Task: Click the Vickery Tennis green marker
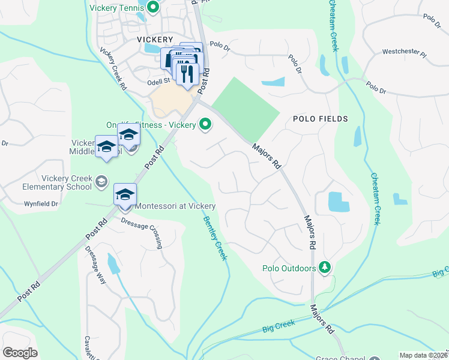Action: (152, 8)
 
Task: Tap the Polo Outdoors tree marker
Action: (325, 267)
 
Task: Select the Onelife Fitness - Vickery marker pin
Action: (205, 125)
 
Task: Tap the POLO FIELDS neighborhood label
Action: (320, 119)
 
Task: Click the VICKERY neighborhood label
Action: (155, 39)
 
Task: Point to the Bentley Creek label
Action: (214, 238)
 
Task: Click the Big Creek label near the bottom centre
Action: (279, 328)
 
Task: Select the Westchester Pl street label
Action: (404, 52)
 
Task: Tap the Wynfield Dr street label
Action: (41, 204)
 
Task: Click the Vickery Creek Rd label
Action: (113, 68)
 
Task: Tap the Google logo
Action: (20, 353)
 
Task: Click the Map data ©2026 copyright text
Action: (424, 355)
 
